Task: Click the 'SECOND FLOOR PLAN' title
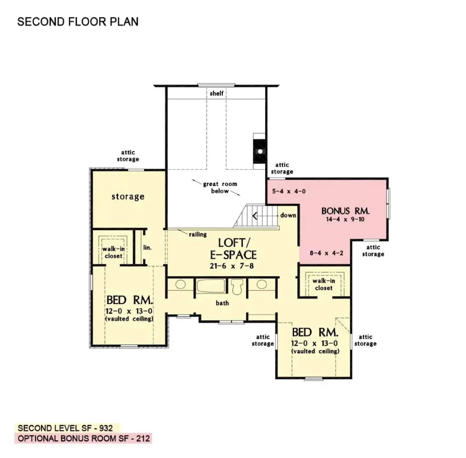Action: coord(78,22)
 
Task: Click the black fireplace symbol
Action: coord(259,151)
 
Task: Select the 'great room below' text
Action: coord(220,187)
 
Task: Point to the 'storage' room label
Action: coord(128,197)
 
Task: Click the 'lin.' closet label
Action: coord(148,247)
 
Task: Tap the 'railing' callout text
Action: coord(197,234)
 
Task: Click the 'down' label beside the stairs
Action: coord(288,215)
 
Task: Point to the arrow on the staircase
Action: coord(255,216)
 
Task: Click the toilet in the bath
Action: coord(238,286)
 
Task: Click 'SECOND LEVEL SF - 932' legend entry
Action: coord(68,428)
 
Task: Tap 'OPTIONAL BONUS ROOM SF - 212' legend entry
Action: coord(83,438)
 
